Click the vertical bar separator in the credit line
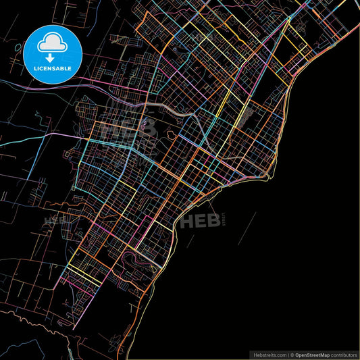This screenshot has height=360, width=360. point(288,354)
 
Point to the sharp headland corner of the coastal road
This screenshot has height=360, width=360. point(270,178)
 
